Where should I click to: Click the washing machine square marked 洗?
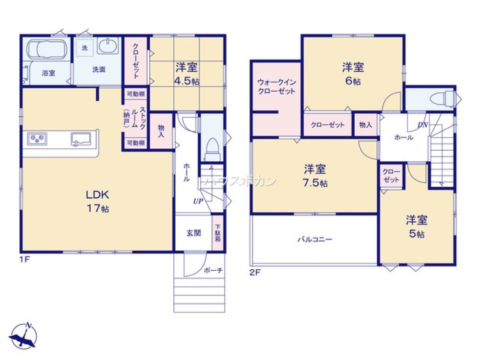(84, 48)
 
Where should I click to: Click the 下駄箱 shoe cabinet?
(217, 233)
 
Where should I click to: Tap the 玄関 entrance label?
(193, 233)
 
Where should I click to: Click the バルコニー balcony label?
(314, 239)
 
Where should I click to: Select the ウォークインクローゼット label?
(276, 86)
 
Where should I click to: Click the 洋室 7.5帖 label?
(315, 176)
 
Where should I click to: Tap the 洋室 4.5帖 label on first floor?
(187, 74)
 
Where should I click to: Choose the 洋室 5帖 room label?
(417, 227)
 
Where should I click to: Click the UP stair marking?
(197, 201)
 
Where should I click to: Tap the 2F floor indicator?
(254, 272)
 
